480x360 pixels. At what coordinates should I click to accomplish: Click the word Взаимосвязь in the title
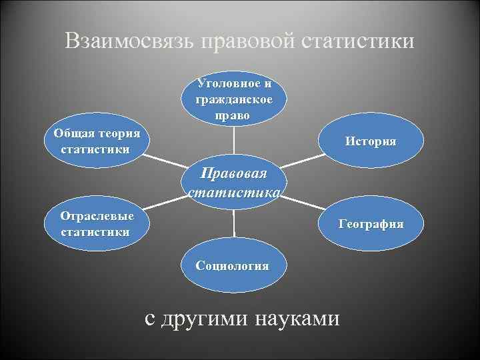coord(129,41)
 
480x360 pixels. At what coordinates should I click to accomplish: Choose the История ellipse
coord(371,142)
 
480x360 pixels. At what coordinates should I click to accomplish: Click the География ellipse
coord(371,225)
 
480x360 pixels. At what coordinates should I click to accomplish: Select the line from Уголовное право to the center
coord(233,143)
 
